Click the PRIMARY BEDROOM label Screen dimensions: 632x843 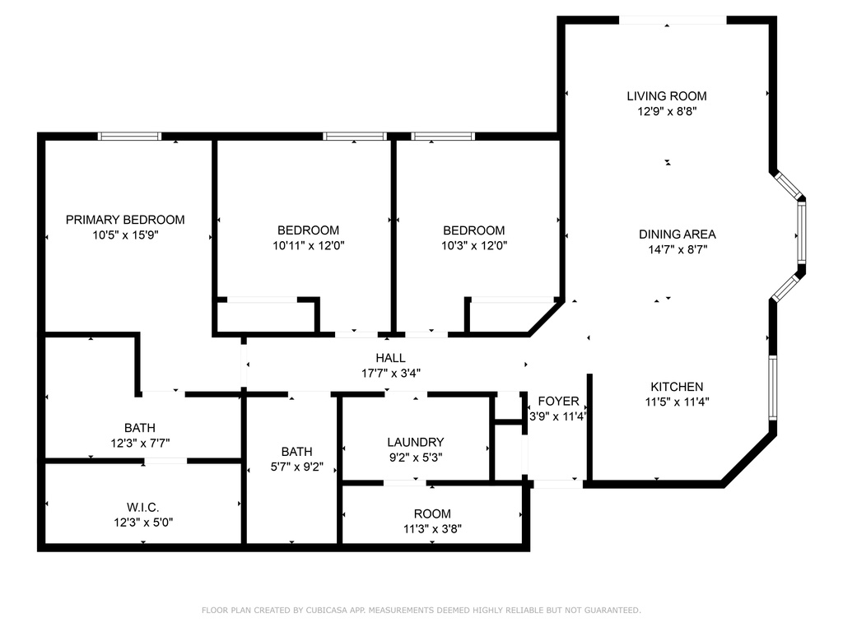click(x=125, y=220)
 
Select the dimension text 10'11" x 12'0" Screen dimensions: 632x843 click(x=308, y=245)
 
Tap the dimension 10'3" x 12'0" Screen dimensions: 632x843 click(x=473, y=245)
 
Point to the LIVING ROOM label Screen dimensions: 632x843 click(x=667, y=96)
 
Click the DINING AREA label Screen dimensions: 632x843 click(x=677, y=235)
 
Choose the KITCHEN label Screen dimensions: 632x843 click(x=677, y=387)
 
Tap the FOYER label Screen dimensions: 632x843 click(x=558, y=402)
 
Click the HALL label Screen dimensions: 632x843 click(x=390, y=358)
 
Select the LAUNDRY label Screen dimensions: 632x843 click(x=416, y=443)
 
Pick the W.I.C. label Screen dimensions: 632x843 click(x=143, y=507)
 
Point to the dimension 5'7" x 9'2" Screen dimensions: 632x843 click(x=296, y=467)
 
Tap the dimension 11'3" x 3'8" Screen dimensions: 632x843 click(x=432, y=529)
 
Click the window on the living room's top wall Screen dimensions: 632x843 click(x=672, y=21)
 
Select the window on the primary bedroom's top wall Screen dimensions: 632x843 click(x=129, y=137)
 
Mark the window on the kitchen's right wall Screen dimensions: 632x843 click(x=772, y=387)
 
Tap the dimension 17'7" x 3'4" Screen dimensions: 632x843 click(x=390, y=373)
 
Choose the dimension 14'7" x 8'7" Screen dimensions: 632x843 click(x=677, y=249)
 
